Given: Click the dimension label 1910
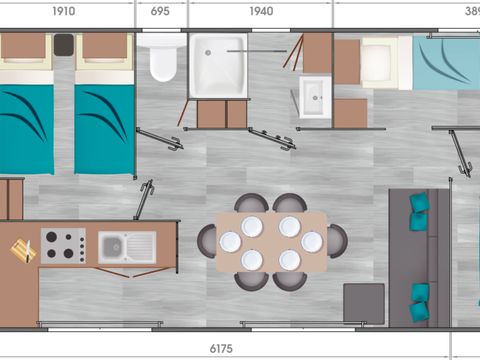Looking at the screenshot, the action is tap(64, 11).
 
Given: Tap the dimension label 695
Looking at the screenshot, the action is tap(160, 11).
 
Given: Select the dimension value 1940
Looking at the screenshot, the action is tap(261, 11).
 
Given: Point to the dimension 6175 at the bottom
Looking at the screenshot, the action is tap(221, 349).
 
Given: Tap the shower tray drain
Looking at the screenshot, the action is tap(208, 52).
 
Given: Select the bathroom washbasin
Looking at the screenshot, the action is tap(315, 97).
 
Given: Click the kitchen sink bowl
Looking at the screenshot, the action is tap(113, 247).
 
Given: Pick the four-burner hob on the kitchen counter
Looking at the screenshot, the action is tap(63, 246).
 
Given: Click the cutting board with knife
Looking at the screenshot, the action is tap(24, 250).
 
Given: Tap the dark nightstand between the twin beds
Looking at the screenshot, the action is tap(64, 45).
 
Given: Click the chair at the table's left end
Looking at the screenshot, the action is tap(206, 241).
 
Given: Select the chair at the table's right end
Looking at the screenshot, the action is tap(338, 241).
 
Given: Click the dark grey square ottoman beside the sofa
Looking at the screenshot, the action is tap(364, 304).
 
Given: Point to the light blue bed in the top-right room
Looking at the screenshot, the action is tap(446, 62).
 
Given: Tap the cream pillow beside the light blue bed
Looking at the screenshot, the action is tap(376, 58).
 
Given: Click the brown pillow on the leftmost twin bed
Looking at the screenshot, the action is tap(23, 46).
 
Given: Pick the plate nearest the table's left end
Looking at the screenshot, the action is tap(230, 242).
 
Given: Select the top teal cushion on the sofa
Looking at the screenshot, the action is tap(418, 202).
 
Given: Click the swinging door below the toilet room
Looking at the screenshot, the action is tap(160, 139).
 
